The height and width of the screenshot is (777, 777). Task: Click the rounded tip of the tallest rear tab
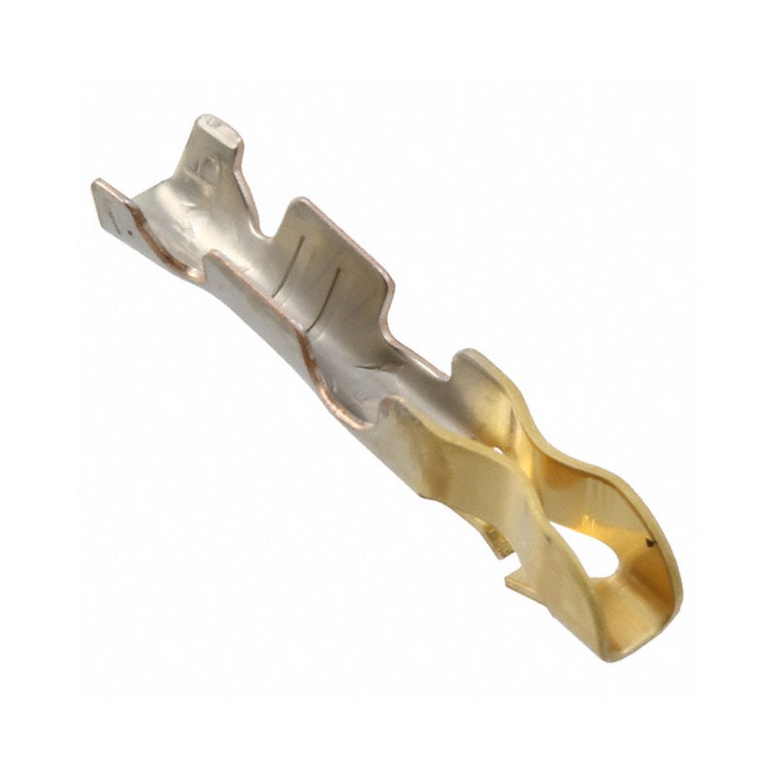click(220, 129)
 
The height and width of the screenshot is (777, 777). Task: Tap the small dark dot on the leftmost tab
click(117, 231)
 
